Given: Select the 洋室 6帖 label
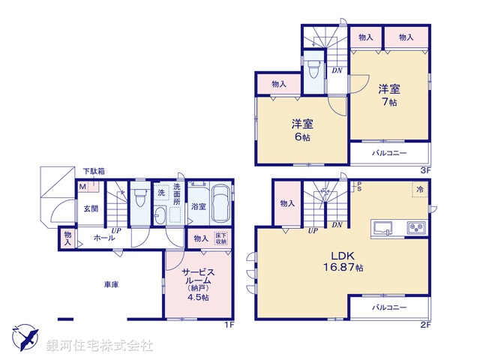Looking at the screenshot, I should pyautogui.click(x=301, y=129).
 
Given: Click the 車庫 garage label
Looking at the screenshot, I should pyautogui.click(x=112, y=284).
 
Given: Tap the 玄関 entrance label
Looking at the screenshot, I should pyautogui.click(x=91, y=209).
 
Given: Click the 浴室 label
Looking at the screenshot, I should pyautogui.click(x=198, y=206).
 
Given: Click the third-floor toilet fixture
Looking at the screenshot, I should pyautogui.click(x=313, y=70).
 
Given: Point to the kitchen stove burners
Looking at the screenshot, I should pyautogui.click(x=415, y=226).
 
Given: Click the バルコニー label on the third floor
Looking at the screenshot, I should pyautogui.click(x=389, y=153).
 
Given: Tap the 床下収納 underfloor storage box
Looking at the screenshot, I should pyautogui.click(x=220, y=238).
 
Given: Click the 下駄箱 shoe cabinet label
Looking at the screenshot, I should pyautogui.click(x=94, y=172).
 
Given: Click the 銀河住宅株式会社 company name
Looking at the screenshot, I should pyautogui.click(x=100, y=346).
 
